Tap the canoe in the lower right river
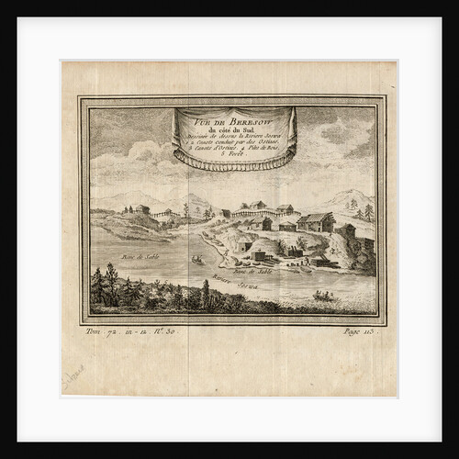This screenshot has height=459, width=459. [323, 295]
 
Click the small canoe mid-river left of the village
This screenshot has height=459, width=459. [197, 260]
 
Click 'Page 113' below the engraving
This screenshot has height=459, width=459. [358, 330]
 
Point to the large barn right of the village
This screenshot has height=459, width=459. [317, 222]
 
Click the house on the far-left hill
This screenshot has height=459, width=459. [140, 209]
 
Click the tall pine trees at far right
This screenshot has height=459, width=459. [366, 213]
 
